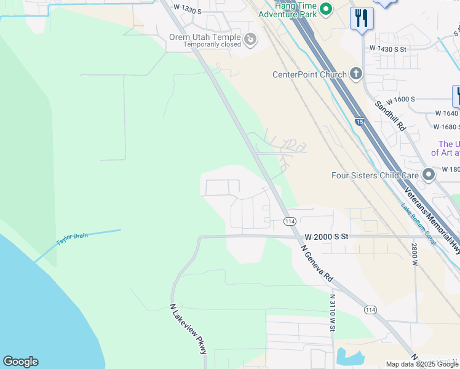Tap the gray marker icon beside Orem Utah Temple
pos(250,40)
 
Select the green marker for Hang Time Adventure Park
pos(326,8)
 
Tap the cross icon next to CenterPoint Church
pos(355,74)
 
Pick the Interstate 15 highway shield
pos(359,121)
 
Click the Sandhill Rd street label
pos(391,116)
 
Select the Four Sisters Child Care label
pos(375,175)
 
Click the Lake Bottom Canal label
pos(418,224)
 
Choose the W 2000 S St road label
pos(326,236)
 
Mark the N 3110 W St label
pos(332,312)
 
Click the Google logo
pos(20,362)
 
